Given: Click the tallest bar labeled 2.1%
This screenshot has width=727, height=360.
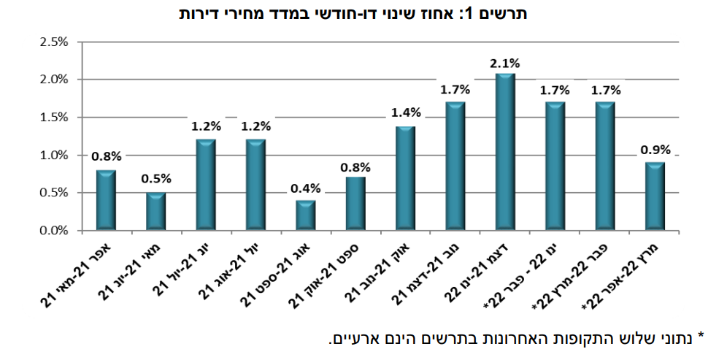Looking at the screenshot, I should pos(505,152).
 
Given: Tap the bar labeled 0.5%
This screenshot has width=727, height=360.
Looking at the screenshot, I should pos(156,212).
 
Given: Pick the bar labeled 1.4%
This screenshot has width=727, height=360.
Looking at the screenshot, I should pos(406,179).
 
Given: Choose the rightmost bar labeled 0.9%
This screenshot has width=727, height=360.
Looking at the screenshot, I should pos(655,196).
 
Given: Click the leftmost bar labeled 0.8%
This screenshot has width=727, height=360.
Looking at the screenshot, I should pos(107,201).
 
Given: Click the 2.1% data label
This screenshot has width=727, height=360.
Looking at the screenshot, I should pos(505,64).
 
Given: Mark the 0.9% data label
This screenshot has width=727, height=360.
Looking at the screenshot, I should pos(655,150).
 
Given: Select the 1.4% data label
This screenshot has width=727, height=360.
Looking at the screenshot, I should pos(406,112).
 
